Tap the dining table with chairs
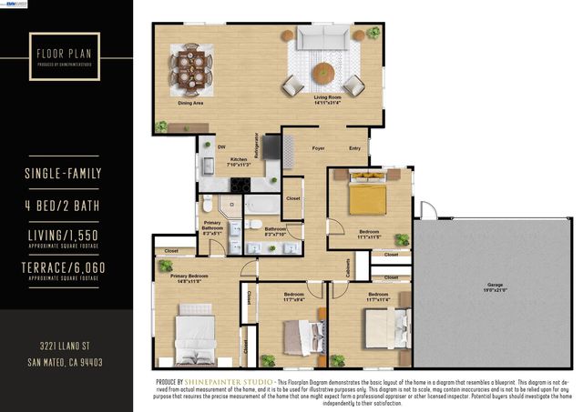pos(191,65)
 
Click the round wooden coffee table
pos(324,72)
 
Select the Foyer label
pos(319,147)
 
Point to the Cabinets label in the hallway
pos(349,267)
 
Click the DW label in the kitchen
pos(221,147)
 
